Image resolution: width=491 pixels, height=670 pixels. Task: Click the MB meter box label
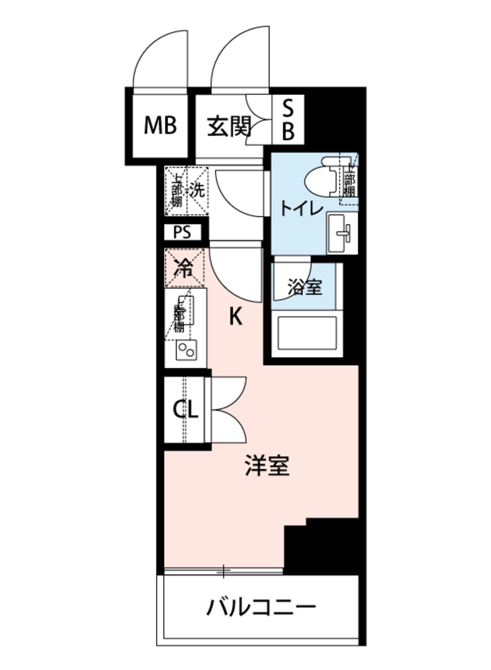[x=160, y=125]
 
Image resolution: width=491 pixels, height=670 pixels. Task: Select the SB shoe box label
[x=288, y=120]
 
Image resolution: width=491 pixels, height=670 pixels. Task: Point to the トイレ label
[x=301, y=208]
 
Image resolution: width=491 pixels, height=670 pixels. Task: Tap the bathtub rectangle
[x=307, y=333]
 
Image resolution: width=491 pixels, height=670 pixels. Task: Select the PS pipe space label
[x=183, y=233]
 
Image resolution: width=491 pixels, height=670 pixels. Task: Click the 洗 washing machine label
[x=197, y=191]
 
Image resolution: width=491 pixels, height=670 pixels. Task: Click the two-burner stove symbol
[x=186, y=350]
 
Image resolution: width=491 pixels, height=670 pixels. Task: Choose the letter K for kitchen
[x=235, y=318]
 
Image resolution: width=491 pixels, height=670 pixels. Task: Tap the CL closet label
[x=185, y=410]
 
